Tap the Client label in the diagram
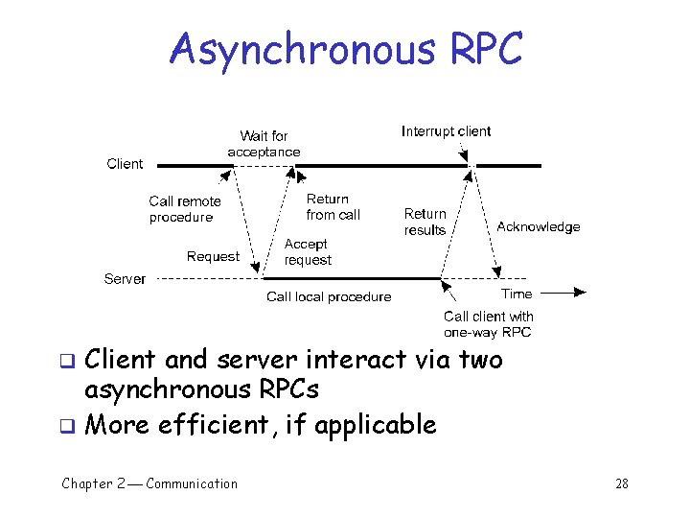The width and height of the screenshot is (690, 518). pos(125,164)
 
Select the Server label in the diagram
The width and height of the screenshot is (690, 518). pos(125,279)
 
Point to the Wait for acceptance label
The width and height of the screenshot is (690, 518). pos(264,144)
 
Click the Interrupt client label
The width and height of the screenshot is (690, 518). pos(446,131)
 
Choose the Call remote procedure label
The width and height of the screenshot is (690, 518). pos(184,209)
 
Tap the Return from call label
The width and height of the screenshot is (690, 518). pos(333,207)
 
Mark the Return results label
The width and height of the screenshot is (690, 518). pos(425,222)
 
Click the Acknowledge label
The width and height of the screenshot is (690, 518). pos(539,227)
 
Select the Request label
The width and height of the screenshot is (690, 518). pos(213,256)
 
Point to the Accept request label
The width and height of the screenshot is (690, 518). pos(308,252)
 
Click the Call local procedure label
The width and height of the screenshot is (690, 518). pos(329,296)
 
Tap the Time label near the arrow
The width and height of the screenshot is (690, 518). pos(517,294)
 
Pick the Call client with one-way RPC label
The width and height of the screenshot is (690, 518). pos(488,324)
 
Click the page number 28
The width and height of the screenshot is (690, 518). pos(622,483)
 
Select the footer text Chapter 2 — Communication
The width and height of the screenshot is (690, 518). pos(149,483)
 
